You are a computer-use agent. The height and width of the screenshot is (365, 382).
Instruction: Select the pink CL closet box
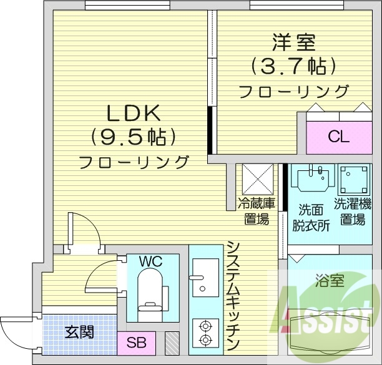[338, 137]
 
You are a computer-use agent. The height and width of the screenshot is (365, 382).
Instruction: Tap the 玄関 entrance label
[79, 331]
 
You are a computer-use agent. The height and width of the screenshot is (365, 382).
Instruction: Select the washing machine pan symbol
[354, 180]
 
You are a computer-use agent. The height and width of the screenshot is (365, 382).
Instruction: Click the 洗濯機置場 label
[353, 211]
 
